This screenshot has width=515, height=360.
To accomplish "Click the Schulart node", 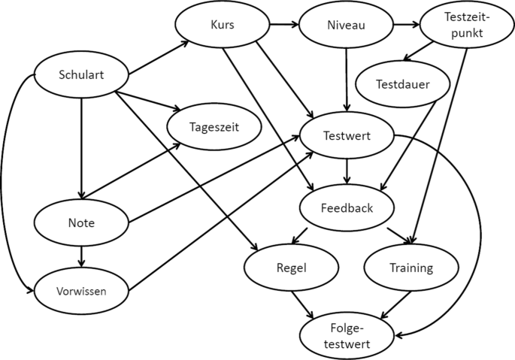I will (80, 74).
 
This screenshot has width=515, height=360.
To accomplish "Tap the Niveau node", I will (345, 25).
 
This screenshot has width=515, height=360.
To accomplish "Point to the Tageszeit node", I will (214, 128).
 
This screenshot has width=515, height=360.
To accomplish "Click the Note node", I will (80, 223).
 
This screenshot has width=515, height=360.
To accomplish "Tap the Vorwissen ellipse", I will (80, 291).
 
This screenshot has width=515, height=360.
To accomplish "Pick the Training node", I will (410, 267).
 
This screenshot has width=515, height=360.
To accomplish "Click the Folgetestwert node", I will (347, 335).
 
